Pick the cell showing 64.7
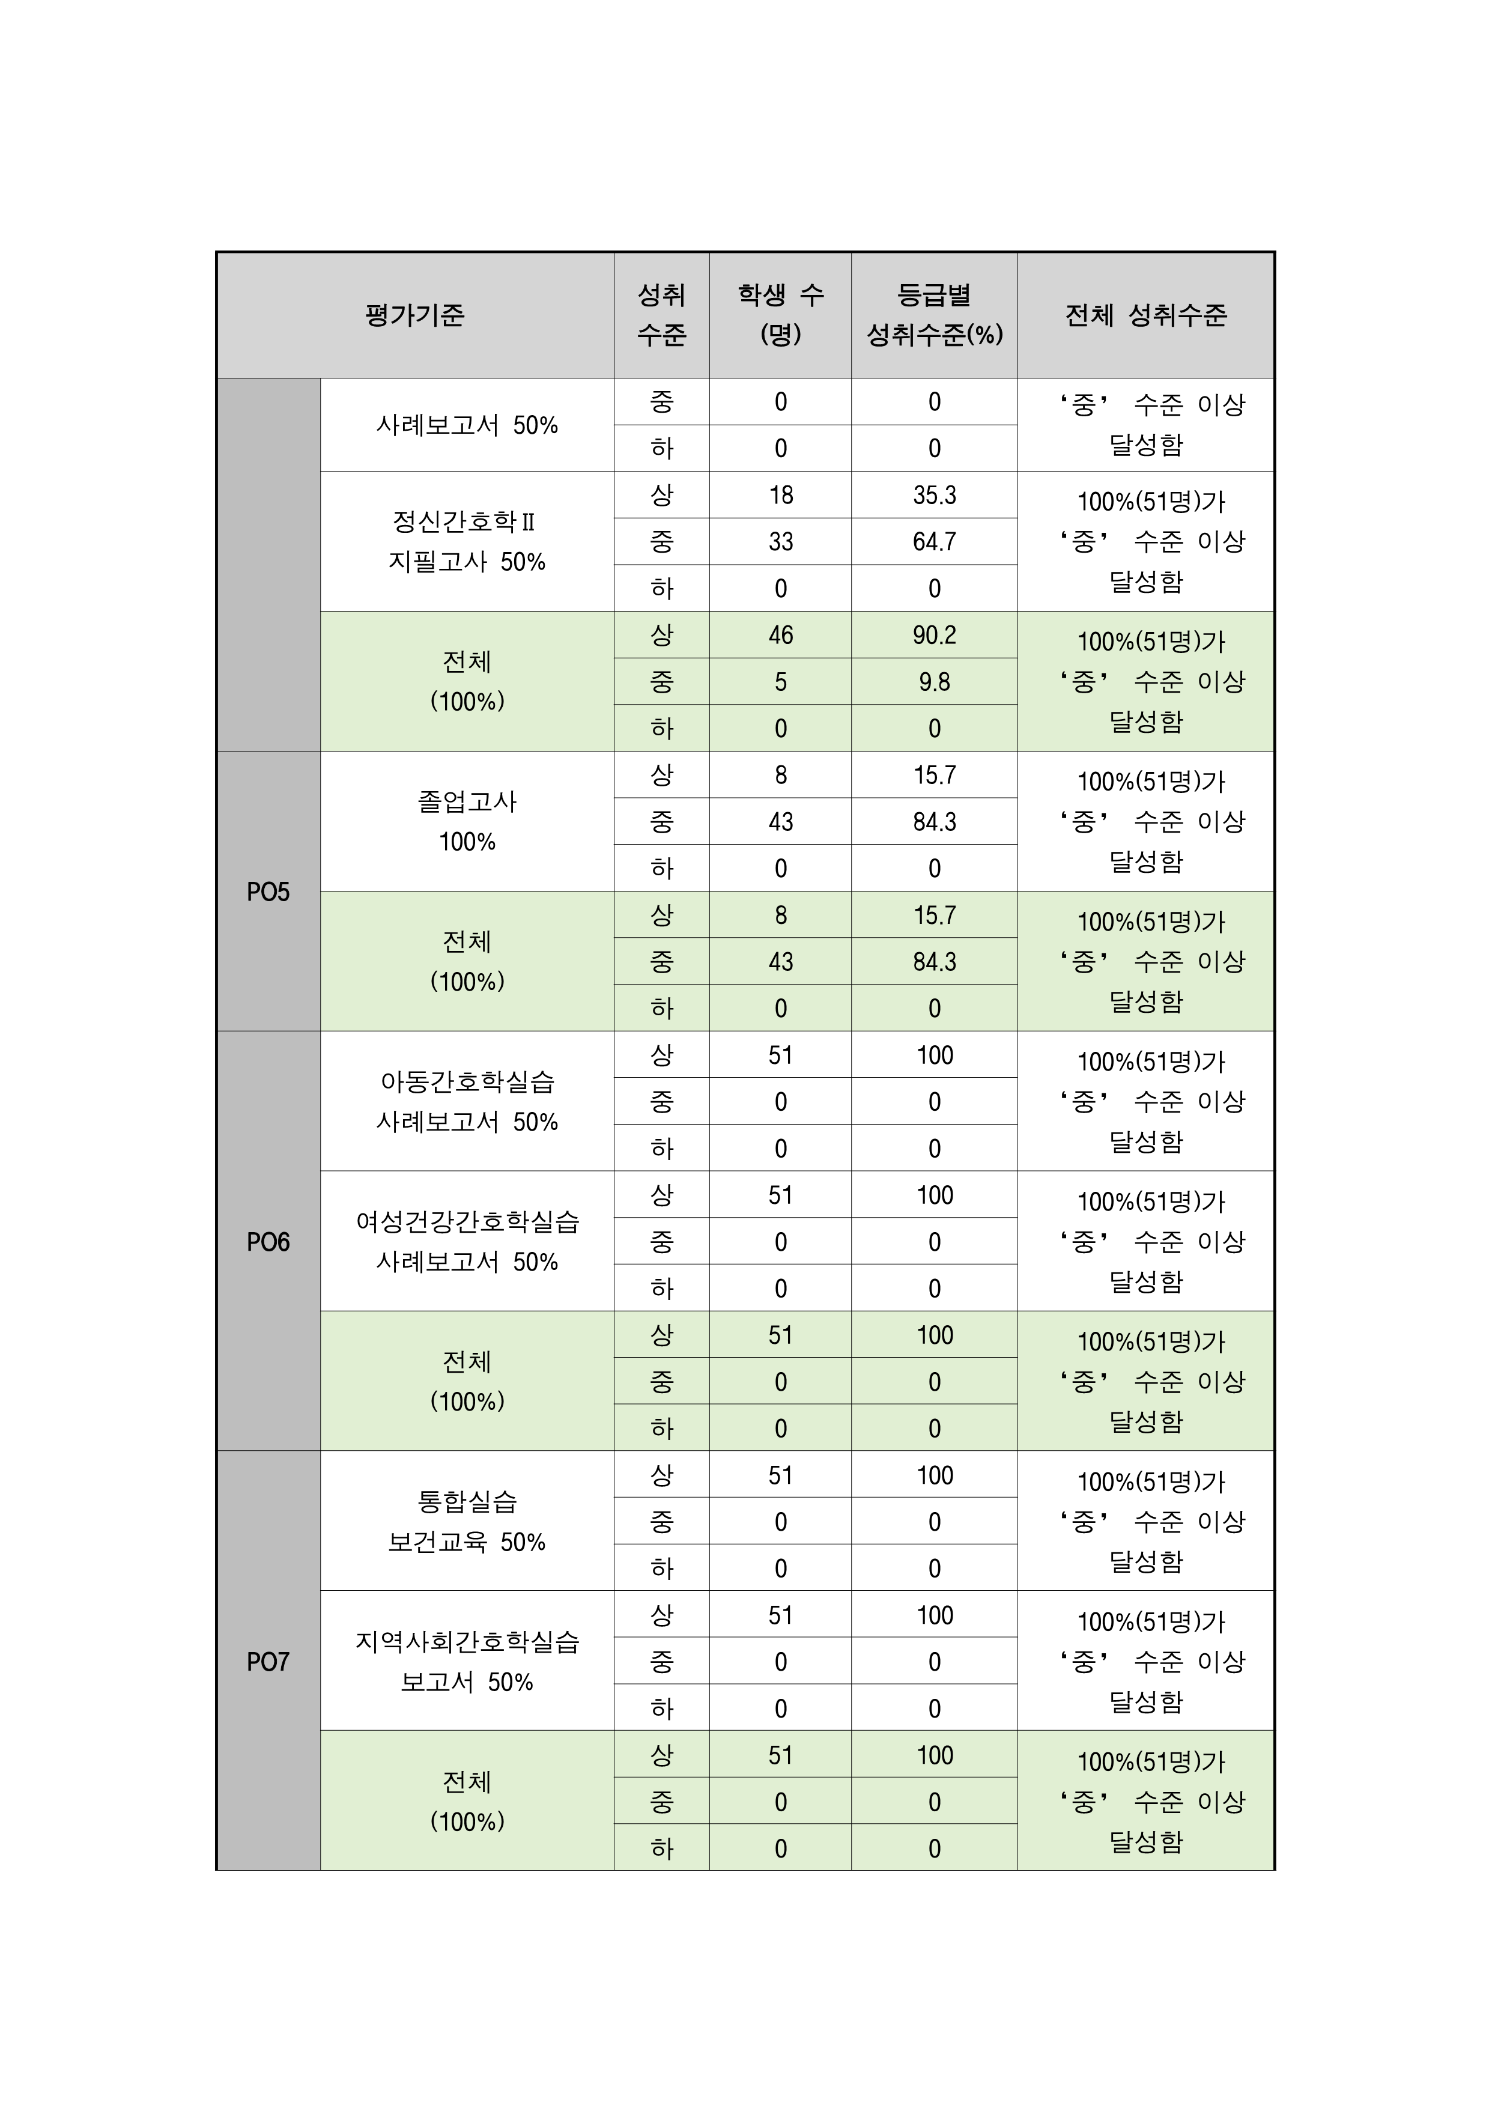[934, 542]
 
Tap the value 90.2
[934, 636]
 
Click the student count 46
[780, 636]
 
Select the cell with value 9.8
[934, 682]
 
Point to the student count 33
[780, 542]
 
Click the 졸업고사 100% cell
[467, 821]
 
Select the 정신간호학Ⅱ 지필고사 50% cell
[467, 542]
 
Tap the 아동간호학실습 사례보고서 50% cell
[467, 1102]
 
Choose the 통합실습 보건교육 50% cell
[467, 1522]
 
